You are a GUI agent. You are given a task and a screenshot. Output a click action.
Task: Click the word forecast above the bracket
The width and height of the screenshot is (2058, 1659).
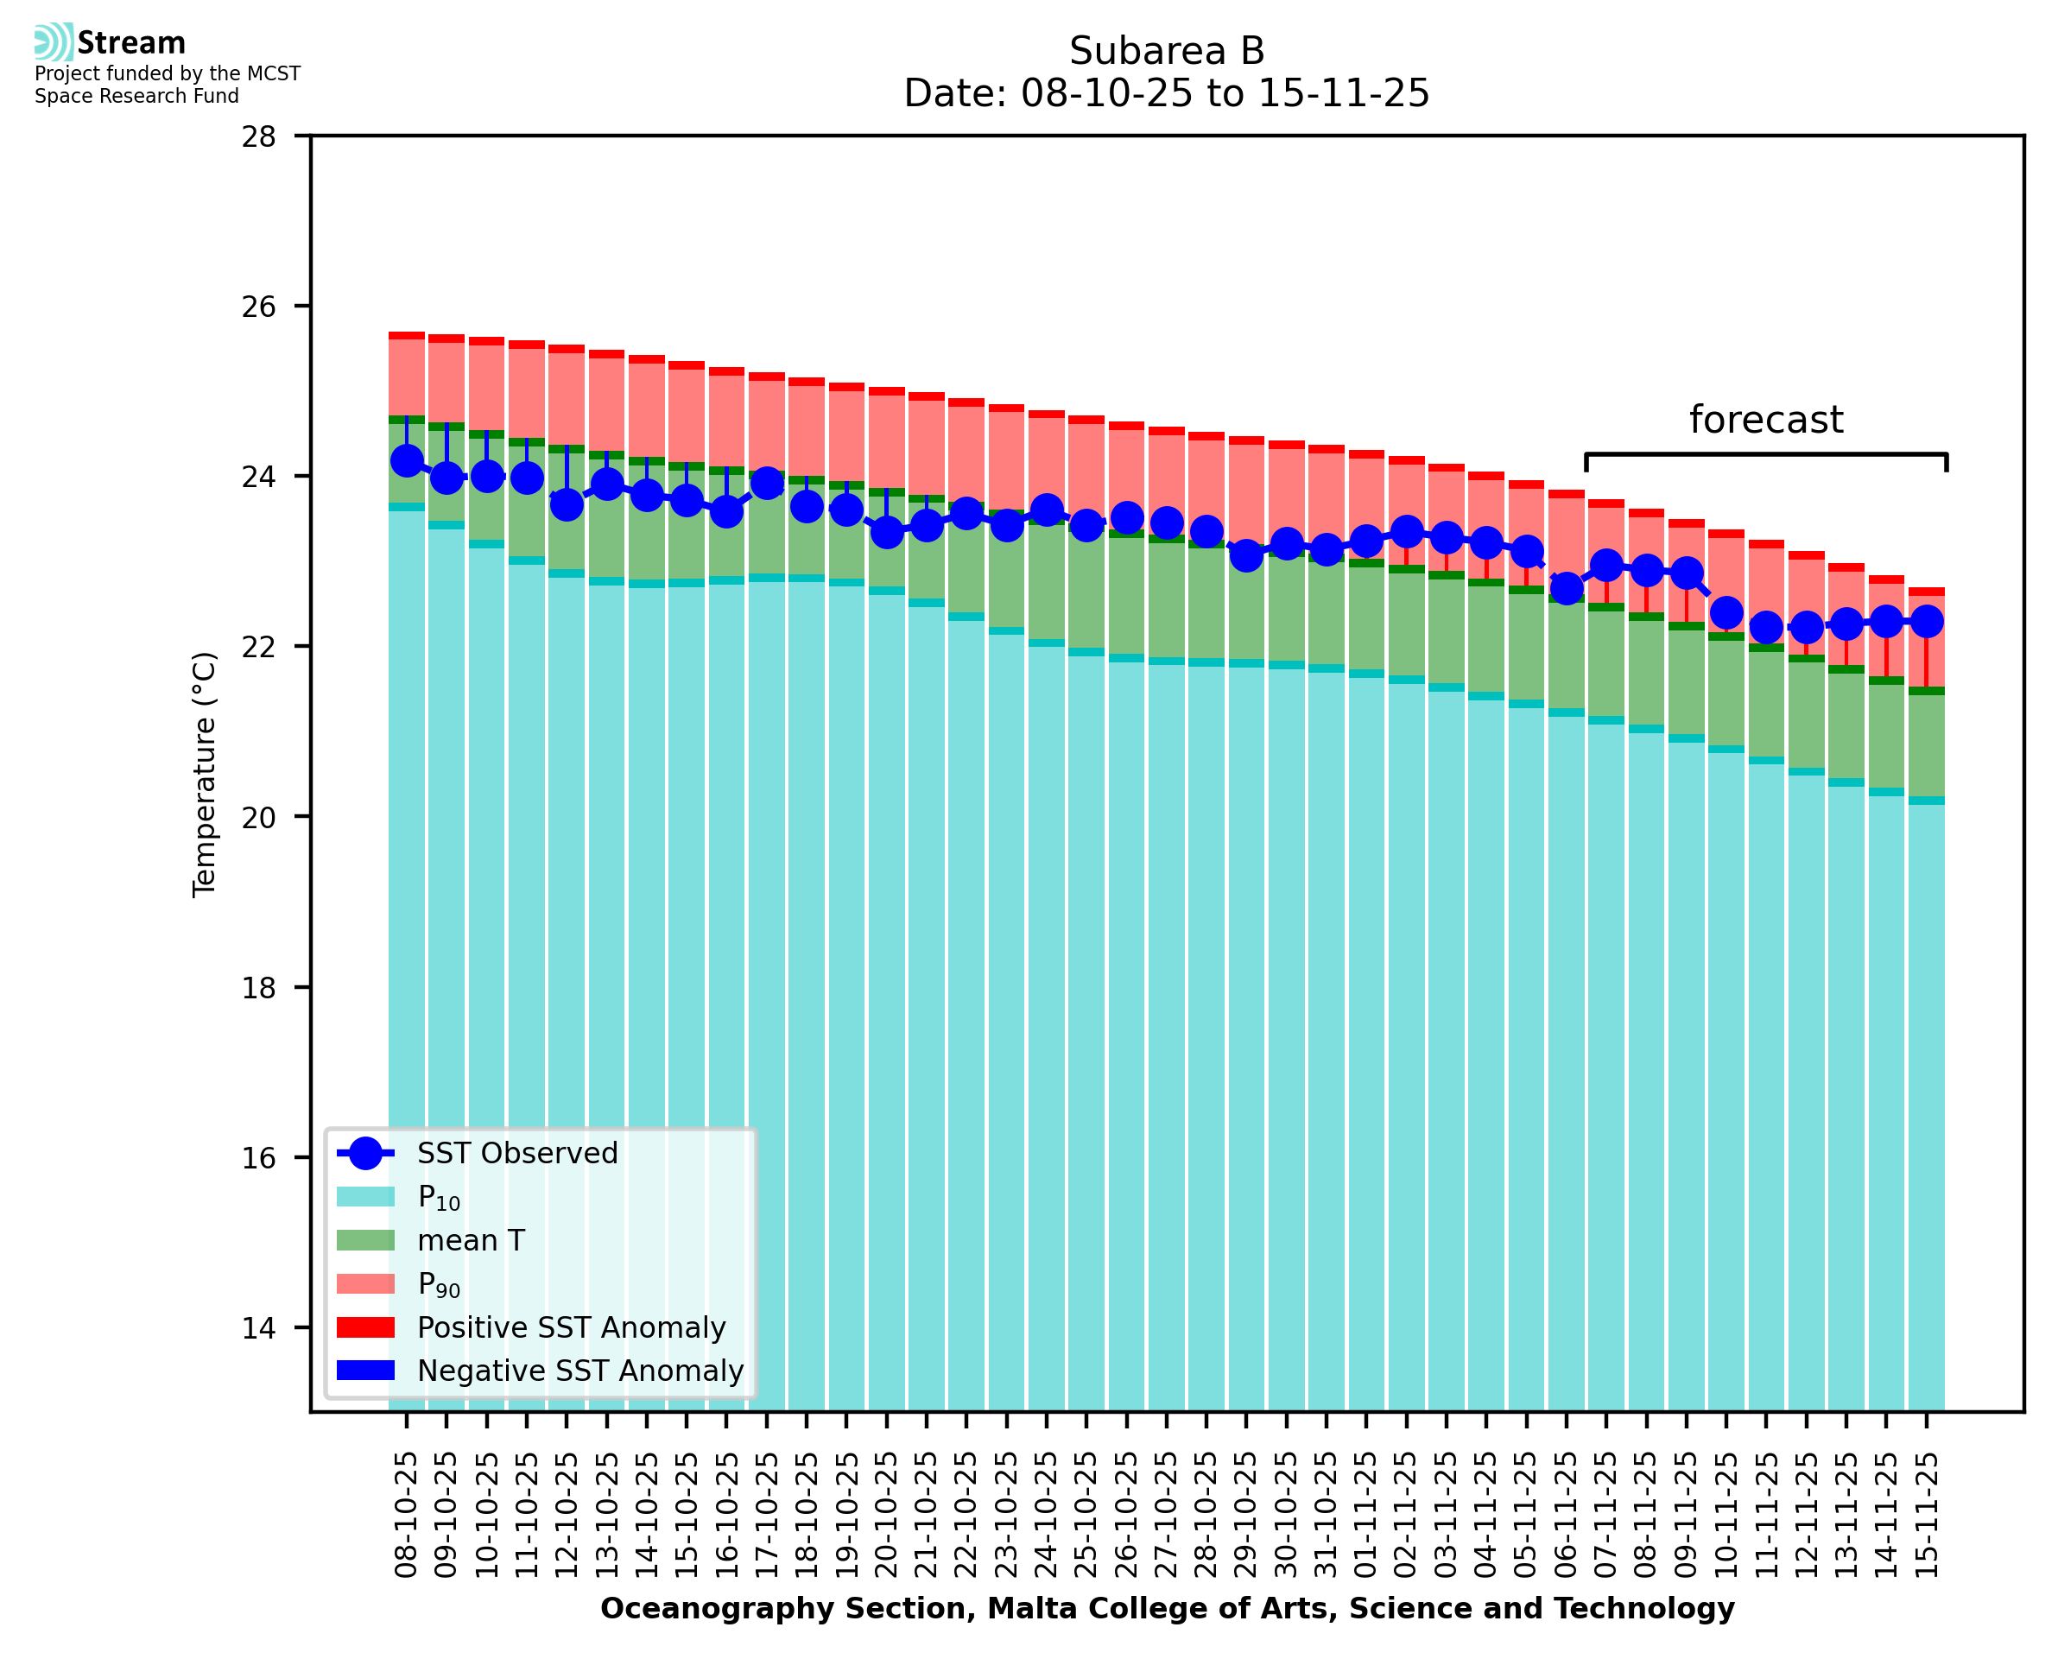click(1764, 420)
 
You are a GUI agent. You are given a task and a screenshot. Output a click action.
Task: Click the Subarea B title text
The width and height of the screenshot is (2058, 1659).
click(1167, 51)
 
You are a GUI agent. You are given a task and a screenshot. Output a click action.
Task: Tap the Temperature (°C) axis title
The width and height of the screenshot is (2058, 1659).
click(205, 774)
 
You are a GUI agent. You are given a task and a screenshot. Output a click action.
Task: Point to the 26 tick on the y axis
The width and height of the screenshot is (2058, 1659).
click(258, 307)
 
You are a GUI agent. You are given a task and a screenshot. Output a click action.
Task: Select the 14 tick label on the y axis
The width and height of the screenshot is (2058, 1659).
click(258, 1328)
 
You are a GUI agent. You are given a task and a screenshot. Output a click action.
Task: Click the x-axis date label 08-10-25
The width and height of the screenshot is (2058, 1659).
click(407, 1515)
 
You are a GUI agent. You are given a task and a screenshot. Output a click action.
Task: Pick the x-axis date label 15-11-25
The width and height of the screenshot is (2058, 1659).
click(1927, 1515)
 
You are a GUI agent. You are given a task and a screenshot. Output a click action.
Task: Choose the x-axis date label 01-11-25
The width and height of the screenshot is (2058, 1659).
click(1366, 1515)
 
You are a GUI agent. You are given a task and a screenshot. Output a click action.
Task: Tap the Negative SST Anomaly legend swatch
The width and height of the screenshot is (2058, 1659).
click(365, 1371)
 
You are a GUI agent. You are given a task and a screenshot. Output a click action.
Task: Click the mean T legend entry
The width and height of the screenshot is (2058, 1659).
click(471, 1240)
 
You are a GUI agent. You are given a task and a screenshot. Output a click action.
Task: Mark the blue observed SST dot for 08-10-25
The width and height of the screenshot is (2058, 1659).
click(407, 460)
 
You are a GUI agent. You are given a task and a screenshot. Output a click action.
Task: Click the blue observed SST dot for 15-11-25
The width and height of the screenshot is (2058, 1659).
click(1927, 622)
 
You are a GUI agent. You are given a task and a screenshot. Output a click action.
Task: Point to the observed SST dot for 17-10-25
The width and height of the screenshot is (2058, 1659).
click(767, 484)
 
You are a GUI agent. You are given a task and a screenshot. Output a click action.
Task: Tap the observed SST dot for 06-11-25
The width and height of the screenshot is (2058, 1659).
click(1567, 589)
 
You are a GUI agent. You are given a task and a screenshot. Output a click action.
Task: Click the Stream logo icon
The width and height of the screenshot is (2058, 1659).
click(54, 42)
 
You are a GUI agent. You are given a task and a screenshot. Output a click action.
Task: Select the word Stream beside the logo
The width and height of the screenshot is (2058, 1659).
click(132, 43)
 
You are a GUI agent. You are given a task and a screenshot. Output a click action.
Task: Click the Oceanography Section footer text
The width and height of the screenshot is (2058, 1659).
click(1167, 1608)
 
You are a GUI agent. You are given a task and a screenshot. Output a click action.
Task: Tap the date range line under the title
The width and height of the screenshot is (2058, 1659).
click(1167, 93)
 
